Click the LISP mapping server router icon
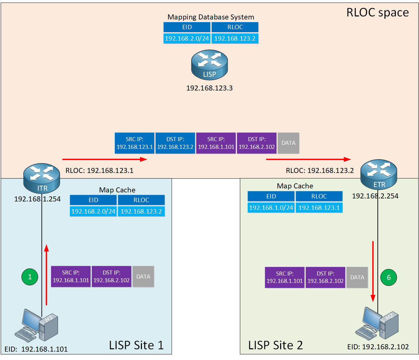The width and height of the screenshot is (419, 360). pyautogui.click(x=209, y=65)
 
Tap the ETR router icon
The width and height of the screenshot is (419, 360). pyautogui.click(x=378, y=174)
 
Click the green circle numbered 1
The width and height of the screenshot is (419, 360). pyautogui.click(x=30, y=277)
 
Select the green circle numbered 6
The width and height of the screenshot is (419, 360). pyautogui.click(x=388, y=278)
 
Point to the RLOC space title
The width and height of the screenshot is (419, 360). pyautogui.click(x=377, y=12)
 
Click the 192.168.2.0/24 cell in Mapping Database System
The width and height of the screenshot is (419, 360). pyautogui.click(x=187, y=39)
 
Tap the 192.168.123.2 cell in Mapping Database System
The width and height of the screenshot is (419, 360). pyautogui.click(x=235, y=39)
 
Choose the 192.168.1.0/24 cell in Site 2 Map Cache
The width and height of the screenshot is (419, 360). pyautogui.click(x=271, y=208)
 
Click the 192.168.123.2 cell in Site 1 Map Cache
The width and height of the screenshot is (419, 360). pyautogui.click(x=141, y=212)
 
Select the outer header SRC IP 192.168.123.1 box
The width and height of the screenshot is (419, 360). pyautogui.click(x=135, y=143)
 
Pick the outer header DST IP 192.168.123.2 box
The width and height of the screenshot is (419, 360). pyautogui.click(x=175, y=143)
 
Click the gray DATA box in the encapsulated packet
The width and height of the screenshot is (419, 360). pyautogui.click(x=289, y=143)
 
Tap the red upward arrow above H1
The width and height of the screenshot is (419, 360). pyautogui.click(x=46, y=275)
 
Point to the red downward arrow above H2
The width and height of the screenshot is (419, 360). pyautogui.click(x=373, y=272)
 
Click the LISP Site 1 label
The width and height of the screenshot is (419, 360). pyautogui.click(x=136, y=345)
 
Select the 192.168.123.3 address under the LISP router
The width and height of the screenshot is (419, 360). pyautogui.click(x=209, y=88)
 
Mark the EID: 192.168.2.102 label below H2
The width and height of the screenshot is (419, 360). pyautogui.click(x=378, y=347)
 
